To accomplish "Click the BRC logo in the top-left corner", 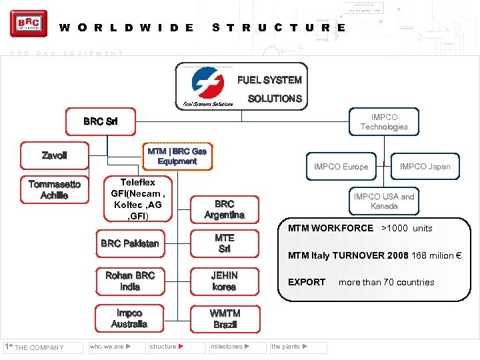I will point(29,24).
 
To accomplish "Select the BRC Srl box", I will point(100,121).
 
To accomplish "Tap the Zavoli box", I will point(54,155).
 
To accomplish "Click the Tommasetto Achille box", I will point(54,189).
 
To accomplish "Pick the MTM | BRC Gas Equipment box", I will point(177,156).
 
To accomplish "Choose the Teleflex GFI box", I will point(137,199).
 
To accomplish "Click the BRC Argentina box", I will point(224,209).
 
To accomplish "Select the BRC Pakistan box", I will point(129,243).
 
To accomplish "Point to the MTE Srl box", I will point(224,243).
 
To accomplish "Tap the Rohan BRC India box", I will point(129,281).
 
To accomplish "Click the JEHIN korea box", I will point(224,281).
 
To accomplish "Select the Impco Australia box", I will point(129,319).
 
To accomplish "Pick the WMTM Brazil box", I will point(224,319).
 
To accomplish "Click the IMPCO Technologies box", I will point(384,121).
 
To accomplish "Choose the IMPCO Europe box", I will point(341,167).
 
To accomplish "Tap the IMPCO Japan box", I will point(425,167).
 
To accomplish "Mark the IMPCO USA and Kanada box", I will point(384,201).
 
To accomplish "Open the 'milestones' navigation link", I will point(230,347).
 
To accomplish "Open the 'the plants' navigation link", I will point(290,347).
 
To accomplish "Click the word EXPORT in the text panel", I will point(306,282).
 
